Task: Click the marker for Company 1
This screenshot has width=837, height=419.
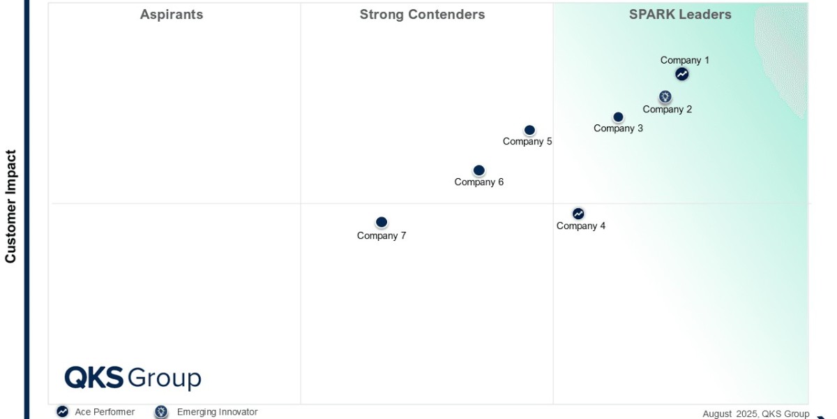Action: pos(681,74)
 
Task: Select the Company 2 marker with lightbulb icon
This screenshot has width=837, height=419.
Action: pos(665,96)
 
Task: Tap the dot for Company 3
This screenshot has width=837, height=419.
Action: pos(618,117)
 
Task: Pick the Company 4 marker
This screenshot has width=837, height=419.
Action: pos(578,214)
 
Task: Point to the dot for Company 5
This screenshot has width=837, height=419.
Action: pos(529,130)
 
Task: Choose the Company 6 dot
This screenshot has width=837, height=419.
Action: pos(478,170)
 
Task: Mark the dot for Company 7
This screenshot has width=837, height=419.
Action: pos(382,222)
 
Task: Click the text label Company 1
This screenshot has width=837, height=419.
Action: pos(685,60)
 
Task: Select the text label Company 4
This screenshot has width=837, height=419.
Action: pos(581,226)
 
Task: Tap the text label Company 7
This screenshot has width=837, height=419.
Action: pos(382,235)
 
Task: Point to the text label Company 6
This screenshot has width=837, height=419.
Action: pos(479,182)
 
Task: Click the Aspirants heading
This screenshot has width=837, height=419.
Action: pos(172,15)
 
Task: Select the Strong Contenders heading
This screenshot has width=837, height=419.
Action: pos(422,15)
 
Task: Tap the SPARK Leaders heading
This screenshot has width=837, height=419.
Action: pos(680,15)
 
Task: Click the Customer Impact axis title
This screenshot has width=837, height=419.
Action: pos(10,206)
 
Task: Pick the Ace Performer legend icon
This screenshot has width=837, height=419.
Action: pos(63,412)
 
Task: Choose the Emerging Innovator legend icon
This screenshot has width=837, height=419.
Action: pos(161,412)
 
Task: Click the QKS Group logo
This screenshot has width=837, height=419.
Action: pos(133,378)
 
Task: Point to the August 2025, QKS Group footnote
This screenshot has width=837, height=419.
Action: pos(755,413)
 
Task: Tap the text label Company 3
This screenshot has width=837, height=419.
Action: pos(619,128)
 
